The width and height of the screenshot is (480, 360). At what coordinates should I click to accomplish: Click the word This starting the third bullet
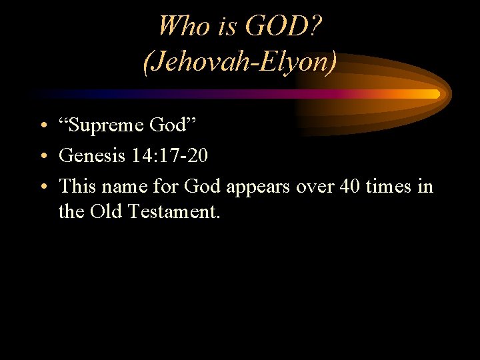(x=77, y=186)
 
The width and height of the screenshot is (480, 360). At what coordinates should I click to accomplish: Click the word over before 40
(x=313, y=187)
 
